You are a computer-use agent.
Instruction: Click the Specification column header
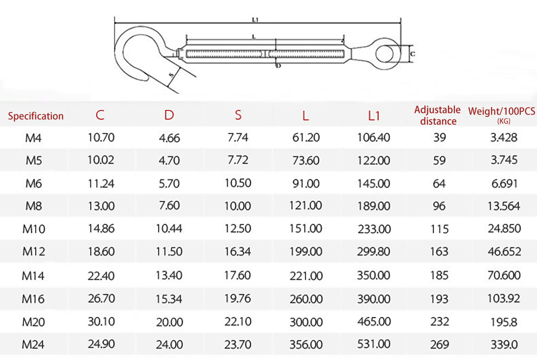36,116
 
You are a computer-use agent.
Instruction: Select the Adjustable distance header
438,115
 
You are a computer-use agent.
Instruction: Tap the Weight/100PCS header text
501,111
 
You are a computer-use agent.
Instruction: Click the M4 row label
33,138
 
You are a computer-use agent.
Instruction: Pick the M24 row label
33,344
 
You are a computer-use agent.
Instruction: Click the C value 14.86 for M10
101,228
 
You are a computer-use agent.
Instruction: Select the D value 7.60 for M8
169,205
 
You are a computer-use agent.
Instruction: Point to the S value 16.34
238,251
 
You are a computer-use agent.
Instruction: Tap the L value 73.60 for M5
306,160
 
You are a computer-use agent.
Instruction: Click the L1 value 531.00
374,344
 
